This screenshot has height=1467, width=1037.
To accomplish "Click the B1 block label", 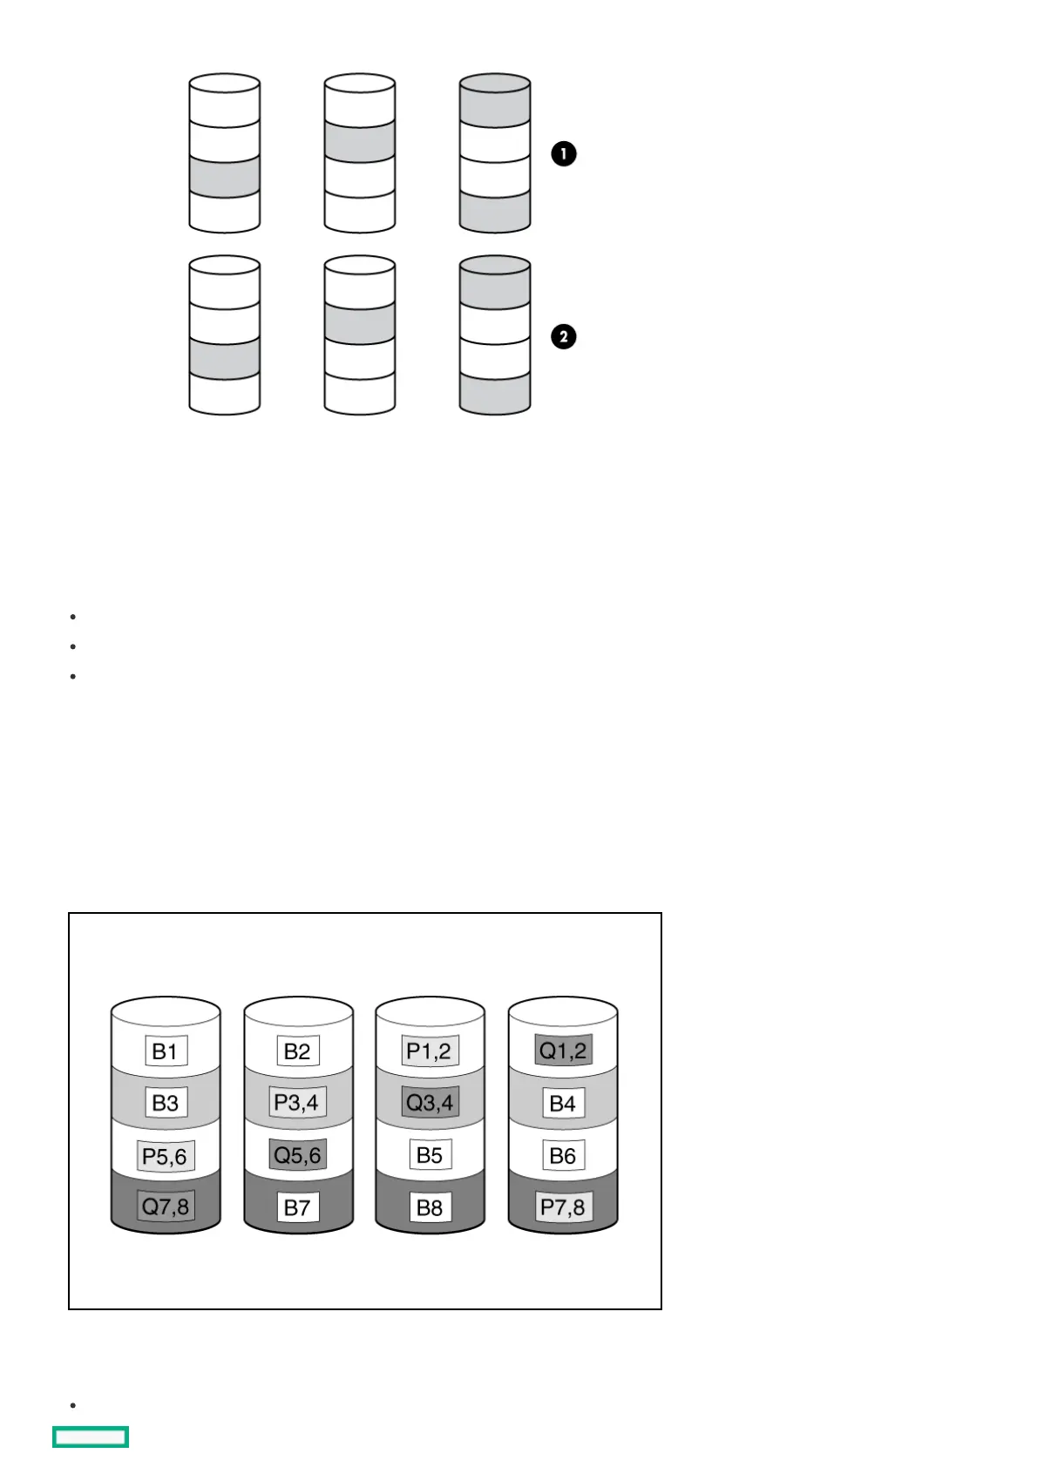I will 165,1051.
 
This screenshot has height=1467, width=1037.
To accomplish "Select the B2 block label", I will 297,1051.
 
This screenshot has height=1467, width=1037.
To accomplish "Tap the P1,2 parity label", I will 429,1051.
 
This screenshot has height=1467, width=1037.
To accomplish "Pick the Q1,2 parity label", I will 563,1050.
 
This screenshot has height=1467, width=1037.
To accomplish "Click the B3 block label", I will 165,1103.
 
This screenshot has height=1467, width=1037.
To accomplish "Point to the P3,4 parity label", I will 296,1102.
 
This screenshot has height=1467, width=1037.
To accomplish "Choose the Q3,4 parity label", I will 430,1103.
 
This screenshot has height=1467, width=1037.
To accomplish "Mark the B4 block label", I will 562,1104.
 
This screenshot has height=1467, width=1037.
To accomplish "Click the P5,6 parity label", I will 165,1156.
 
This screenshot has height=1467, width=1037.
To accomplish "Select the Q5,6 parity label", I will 297,1155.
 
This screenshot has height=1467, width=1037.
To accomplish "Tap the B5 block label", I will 430,1155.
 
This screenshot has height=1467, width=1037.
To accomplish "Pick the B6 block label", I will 562,1156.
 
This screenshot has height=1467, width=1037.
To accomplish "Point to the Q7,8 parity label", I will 165,1207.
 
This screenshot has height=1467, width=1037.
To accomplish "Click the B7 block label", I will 297,1207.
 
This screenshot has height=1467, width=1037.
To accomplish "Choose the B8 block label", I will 430,1207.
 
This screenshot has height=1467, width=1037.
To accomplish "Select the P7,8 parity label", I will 563,1207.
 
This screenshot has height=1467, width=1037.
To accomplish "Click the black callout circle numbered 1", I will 564,154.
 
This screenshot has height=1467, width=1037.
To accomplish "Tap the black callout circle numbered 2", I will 564,337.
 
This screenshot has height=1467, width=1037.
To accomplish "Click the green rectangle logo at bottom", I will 91,1437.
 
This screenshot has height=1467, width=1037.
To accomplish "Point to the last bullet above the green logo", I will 73,1405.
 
